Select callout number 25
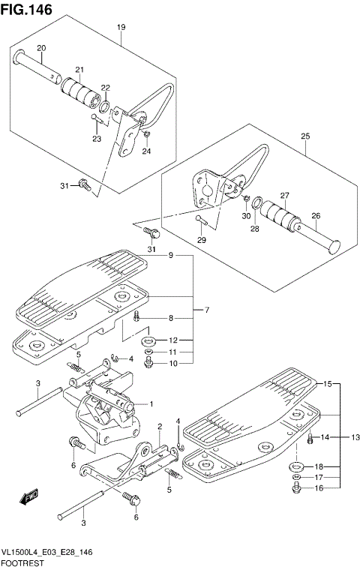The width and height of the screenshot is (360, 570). (x=305, y=136)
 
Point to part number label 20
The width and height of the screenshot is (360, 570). (x=42, y=49)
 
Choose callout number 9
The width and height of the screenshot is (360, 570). (x=171, y=256)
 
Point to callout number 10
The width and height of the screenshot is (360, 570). (x=172, y=364)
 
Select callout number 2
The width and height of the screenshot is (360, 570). (x=160, y=427)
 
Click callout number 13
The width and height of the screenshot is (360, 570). (x=355, y=436)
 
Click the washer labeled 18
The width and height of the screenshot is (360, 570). (x=294, y=466)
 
